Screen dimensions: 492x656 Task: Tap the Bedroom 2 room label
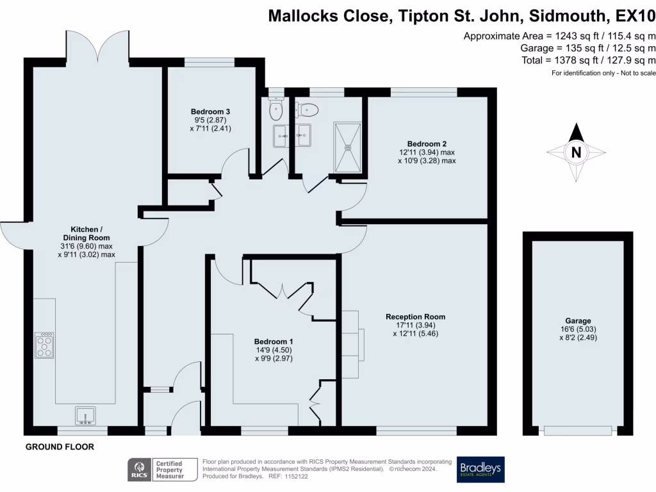pyautogui.click(x=427, y=143)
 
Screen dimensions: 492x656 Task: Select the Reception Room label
pyautogui.click(x=415, y=316)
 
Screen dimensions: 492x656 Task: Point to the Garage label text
pyautogui.click(x=578, y=321)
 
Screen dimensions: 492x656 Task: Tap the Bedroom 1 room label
pyautogui.click(x=274, y=341)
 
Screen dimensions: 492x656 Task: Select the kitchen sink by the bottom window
pyautogui.click(x=85, y=416)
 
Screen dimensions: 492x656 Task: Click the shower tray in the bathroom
pyautogui.click(x=348, y=147)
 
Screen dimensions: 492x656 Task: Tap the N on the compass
pyautogui.click(x=576, y=152)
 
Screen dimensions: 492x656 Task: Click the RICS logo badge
pyautogui.click(x=137, y=470)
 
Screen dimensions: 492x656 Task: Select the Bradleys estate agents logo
pyautogui.click(x=480, y=470)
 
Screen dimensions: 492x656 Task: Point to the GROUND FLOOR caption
pyautogui.click(x=60, y=447)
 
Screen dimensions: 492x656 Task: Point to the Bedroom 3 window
pyautogui.click(x=209, y=62)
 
